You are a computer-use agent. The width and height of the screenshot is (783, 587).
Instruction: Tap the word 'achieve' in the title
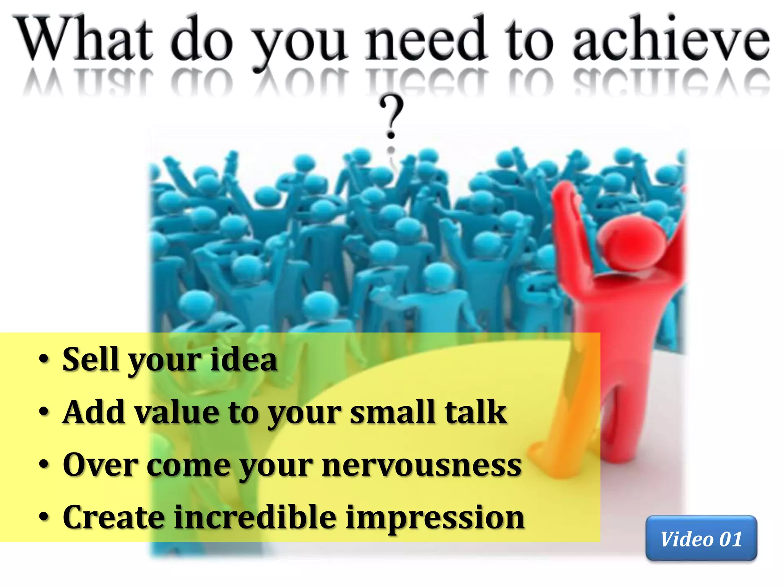click(671, 38)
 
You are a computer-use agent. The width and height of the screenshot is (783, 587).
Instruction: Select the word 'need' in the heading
click(426, 38)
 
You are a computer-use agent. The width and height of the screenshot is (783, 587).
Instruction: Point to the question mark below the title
click(391, 117)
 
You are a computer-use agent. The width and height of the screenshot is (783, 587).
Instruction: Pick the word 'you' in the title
click(300, 42)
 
